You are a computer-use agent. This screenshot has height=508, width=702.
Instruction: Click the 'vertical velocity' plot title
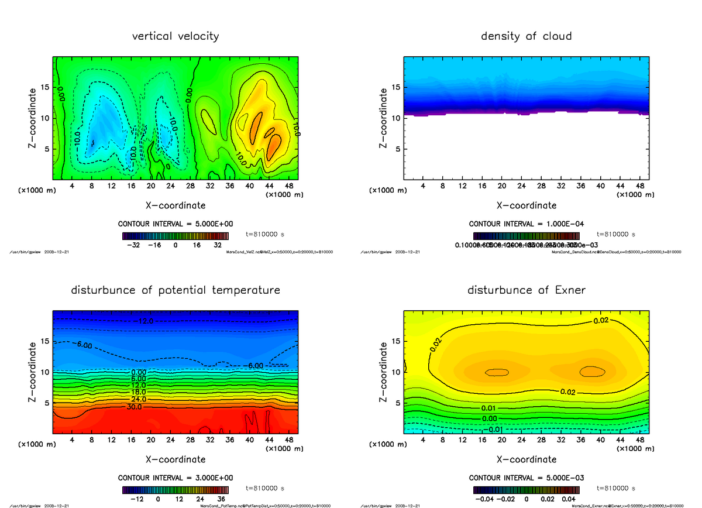click(x=175, y=36)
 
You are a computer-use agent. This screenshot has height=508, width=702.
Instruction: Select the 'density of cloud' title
click(x=526, y=36)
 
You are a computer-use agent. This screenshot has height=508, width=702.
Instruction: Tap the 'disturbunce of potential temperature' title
click(x=175, y=290)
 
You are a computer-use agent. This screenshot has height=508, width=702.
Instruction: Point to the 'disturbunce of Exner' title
click(x=526, y=290)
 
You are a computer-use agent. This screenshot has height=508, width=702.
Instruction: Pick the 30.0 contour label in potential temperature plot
click(x=133, y=406)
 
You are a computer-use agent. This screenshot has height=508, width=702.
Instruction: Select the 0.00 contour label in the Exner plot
click(x=489, y=419)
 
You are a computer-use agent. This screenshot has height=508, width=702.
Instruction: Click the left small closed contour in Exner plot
click(x=497, y=372)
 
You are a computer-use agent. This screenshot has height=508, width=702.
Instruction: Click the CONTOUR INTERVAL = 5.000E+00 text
click(x=175, y=224)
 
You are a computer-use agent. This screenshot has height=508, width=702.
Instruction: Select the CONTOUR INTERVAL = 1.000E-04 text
click(x=526, y=224)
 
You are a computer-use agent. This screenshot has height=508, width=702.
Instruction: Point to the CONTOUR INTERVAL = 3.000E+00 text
click(x=175, y=478)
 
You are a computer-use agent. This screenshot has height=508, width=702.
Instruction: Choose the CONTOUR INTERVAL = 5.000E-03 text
click(x=526, y=478)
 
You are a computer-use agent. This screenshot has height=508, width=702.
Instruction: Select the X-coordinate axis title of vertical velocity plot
click(x=175, y=205)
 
